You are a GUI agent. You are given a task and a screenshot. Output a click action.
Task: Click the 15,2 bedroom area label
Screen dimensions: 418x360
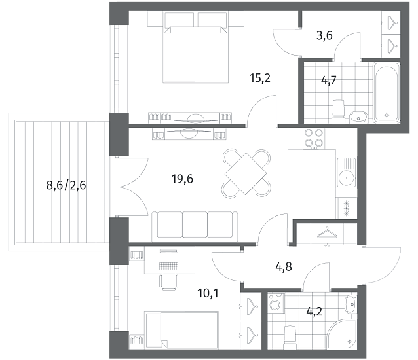pyautogui.click(x=260, y=79)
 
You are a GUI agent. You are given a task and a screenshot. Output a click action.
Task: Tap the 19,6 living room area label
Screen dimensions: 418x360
pyautogui.click(x=182, y=179)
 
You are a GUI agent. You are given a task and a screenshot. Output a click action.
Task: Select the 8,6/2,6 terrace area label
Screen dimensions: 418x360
pyautogui.click(x=66, y=185)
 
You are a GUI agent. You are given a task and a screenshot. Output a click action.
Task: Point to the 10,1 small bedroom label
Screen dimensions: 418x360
pyautogui.click(x=208, y=293)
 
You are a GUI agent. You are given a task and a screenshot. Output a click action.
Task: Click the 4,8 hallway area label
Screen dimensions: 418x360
pyautogui.click(x=284, y=266)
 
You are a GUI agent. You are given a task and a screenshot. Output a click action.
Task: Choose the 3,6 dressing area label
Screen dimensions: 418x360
pyautogui.click(x=324, y=35)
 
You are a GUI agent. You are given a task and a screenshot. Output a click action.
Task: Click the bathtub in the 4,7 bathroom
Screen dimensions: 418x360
pyautogui.click(x=387, y=92)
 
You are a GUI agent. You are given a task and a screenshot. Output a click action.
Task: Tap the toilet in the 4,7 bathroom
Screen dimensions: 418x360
pyautogui.click(x=338, y=112)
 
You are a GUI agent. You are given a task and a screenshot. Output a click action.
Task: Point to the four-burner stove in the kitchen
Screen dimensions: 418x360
pyautogui.click(x=314, y=139)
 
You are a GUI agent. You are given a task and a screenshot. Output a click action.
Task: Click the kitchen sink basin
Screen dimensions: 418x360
pyautogui.click(x=347, y=177)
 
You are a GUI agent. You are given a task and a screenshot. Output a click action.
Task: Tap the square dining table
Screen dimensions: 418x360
pyautogui.click(x=246, y=173)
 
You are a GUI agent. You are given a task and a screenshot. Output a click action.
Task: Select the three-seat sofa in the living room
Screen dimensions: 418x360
pyautogui.click(x=195, y=226)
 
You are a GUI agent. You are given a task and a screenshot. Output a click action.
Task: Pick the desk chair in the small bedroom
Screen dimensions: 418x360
pyautogui.click(x=169, y=281)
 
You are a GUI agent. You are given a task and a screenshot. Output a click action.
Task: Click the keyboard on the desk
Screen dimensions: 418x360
pyautogui.click(x=169, y=266)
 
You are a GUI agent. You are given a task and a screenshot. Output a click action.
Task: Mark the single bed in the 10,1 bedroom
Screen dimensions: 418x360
pyautogui.click(x=181, y=330)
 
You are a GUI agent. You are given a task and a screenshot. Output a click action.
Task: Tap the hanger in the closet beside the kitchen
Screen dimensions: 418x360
pyautogui.click(x=327, y=232)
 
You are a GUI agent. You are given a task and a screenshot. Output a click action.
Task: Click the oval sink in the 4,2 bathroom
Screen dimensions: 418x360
pyautogui.click(x=351, y=304)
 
